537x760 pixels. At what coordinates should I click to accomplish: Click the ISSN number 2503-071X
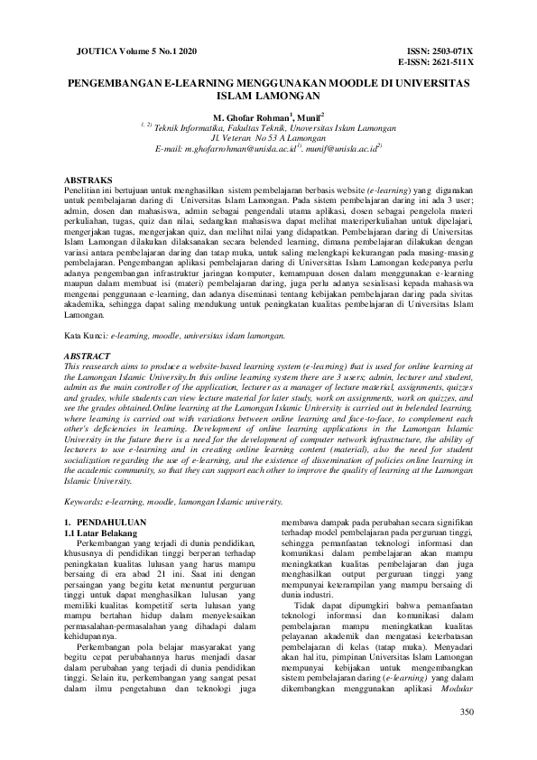coord(450,51)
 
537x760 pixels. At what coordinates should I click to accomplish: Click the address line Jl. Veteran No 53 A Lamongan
coord(268,136)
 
